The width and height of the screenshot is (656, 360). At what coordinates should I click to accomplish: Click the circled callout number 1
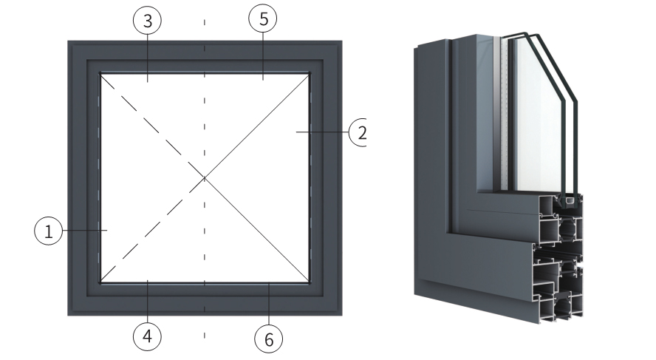pos(49,231)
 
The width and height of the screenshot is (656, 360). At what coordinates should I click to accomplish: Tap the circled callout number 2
pos(358,132)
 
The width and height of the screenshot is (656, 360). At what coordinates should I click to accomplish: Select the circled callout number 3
pos(147,20)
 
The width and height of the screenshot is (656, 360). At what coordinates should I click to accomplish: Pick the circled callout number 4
pos(147,336)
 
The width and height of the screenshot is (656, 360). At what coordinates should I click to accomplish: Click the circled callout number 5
pos(263,18)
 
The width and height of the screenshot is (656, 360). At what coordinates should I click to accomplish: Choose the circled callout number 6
pos(269,339)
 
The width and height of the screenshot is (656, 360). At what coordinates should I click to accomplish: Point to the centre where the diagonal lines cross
pos(205,178)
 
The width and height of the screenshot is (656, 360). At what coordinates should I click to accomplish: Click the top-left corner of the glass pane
pos(100,74)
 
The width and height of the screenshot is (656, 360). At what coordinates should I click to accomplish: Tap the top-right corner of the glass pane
pos(310,74)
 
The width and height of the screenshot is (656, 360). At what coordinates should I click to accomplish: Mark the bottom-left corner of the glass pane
pos(100,282)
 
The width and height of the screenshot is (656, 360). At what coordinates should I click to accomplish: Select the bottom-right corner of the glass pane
pos(310,282)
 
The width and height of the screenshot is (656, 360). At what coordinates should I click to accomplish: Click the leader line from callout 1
pos(85,230)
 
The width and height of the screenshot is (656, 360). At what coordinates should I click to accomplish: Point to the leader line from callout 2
pos(322,132)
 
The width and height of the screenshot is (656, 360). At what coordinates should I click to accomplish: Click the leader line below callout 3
pos(147,58)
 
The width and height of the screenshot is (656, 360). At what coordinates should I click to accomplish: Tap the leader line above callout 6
pos(269,304)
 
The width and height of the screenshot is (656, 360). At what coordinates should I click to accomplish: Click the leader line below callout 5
pos(263,56)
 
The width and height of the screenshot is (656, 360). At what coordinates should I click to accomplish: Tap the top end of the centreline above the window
pos(205,19)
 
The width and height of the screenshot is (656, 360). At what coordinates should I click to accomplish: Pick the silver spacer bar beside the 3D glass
pos(497,113)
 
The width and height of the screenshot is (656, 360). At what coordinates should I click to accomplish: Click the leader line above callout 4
pos(147,302)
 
